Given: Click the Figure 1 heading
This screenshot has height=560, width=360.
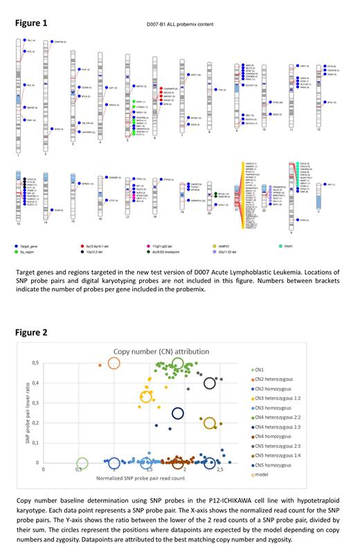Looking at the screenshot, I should point(31,23).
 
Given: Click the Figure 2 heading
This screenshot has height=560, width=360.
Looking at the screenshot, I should point(31,332).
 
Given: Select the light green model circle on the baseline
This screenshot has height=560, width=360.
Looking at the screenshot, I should point(82,463).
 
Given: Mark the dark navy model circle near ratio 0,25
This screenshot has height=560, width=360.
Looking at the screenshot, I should point(178,413).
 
